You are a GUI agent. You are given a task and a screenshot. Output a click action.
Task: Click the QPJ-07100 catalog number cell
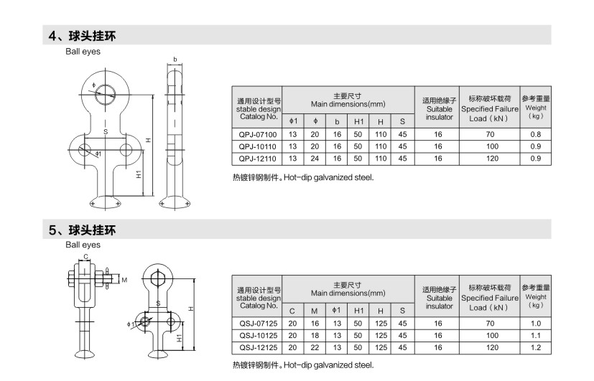coord(258,134)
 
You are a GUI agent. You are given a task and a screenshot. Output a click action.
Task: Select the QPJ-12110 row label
coord(258,159)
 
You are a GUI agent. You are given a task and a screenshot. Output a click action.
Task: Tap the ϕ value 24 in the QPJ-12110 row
coord(315,159)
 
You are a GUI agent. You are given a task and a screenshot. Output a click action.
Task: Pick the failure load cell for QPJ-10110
coord(492,146)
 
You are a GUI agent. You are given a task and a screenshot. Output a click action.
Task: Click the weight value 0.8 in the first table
coord(536,134)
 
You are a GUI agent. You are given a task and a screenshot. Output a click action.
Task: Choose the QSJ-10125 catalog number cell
coord(258,335)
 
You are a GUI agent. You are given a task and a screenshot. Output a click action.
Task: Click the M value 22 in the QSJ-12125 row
coord(315,347)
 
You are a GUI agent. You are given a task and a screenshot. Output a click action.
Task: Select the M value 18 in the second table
coord(315,335)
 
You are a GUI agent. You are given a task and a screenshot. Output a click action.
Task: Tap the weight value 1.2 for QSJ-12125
coord(536,347)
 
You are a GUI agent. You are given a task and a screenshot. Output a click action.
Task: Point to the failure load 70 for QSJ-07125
coord(490,324)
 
